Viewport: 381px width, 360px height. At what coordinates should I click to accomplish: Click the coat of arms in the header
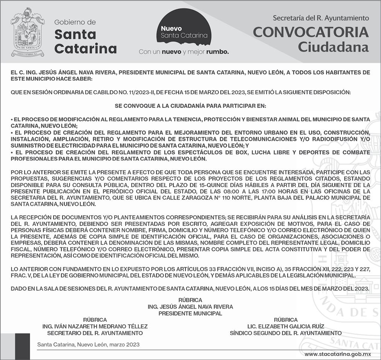[28, 32]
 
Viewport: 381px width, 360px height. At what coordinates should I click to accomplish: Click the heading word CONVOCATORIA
[311, 33]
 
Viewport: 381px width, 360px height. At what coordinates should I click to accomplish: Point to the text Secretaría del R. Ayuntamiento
[321, 18]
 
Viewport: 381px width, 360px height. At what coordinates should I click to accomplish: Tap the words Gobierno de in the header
[75, 22]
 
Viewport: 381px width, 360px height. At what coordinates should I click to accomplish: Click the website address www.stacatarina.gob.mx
[337, 354]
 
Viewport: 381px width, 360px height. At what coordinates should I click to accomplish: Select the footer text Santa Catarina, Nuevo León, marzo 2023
[88, 344]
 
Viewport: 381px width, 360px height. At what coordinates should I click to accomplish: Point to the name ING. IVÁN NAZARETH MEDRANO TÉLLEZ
[95, 326]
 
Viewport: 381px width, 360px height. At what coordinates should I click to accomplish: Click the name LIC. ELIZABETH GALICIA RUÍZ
[286, 326]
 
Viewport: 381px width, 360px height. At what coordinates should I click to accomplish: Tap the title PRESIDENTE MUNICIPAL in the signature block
[190, 313]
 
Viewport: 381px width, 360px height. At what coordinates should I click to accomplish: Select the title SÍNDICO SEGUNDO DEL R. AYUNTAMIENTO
[286, 333]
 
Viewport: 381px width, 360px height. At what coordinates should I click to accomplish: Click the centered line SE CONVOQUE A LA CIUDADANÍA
[190, 106]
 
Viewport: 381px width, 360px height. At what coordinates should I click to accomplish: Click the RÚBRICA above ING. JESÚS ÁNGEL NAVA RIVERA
[190, 300]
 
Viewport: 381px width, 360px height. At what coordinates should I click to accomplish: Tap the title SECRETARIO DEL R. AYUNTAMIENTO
[95, 333]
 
